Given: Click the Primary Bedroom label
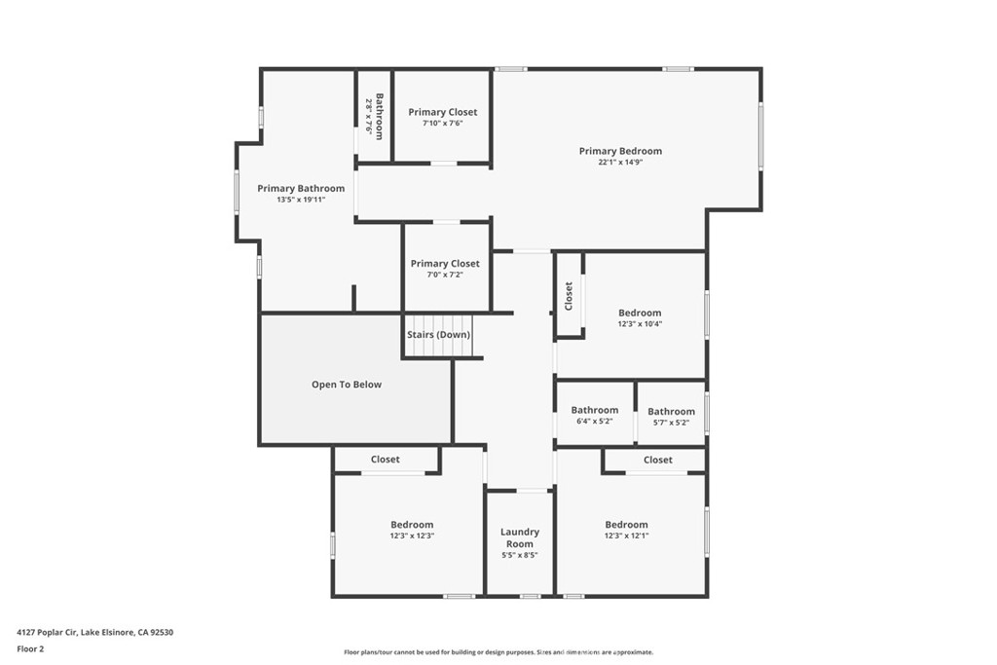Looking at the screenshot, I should [620, 151].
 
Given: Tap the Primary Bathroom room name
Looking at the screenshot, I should [301, 188].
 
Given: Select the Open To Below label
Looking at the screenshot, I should [347, 385].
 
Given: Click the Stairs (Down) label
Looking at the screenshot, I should [438, 335].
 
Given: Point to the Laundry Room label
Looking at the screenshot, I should [520, 537].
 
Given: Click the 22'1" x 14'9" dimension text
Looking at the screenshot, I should [620, 163].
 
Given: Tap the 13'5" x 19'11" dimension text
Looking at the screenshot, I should [301, 200].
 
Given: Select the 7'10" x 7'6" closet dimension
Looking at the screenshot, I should [443, 124].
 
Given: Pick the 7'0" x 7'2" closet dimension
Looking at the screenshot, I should [445, 275].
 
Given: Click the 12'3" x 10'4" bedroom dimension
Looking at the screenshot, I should [640, 324].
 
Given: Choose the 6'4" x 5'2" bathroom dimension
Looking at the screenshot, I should [594, 422].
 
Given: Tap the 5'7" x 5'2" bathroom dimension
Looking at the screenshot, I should [671, 423].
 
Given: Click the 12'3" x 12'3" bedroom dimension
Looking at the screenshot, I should [412, 536].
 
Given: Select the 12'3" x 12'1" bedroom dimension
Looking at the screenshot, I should [626, 536].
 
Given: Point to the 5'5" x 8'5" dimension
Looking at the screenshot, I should [520, 555].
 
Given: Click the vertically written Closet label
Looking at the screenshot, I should [569, 297].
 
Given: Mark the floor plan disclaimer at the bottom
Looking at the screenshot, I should [498, 652].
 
